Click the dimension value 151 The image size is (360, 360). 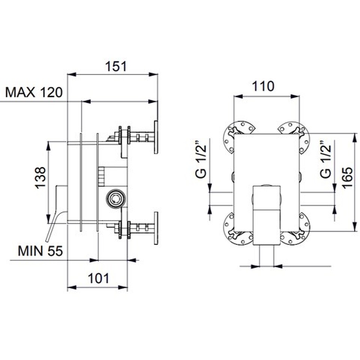point(116,66)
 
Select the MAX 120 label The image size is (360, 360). point(34,92)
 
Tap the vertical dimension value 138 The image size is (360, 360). point(40,178)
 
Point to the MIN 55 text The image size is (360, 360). point(40,251)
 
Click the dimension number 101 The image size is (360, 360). point(99,278)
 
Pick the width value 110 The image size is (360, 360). point(263,86)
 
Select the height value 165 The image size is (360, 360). point(347,178)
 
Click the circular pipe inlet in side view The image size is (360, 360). point(116,198)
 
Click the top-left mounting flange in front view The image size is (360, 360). point(239,135)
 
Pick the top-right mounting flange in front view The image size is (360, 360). point(294,135)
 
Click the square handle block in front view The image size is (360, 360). point(267,215)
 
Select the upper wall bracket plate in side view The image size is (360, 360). point(156,137)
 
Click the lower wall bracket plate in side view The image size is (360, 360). point(156,228)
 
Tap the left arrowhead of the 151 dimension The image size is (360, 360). point(72,74)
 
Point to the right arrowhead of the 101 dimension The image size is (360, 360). point(123,287)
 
